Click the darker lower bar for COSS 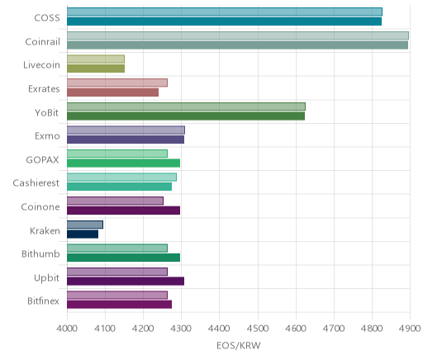pos(224,21)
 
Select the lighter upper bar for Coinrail pos(238,36)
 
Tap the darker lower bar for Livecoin pos(96,69)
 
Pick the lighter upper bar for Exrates pos(117,83)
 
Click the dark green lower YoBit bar pos(186,116)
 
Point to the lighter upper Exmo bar pos(126,130)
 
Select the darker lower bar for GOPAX pos(123,163)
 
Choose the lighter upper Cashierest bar pos(121,178)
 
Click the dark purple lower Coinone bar pos(123,211)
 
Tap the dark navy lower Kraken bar pos(83,234)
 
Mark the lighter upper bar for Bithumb pos(117,249)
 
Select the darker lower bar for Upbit pos(126,282)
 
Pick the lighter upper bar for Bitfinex pos(117,296)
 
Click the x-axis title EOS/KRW pos(239,346)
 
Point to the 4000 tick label pos(67,329)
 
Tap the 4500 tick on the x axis pos(258,329)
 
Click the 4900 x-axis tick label pos(410,329)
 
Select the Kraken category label pos(45,230)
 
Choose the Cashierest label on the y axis pos(36,183)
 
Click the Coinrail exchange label pos(42,42)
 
